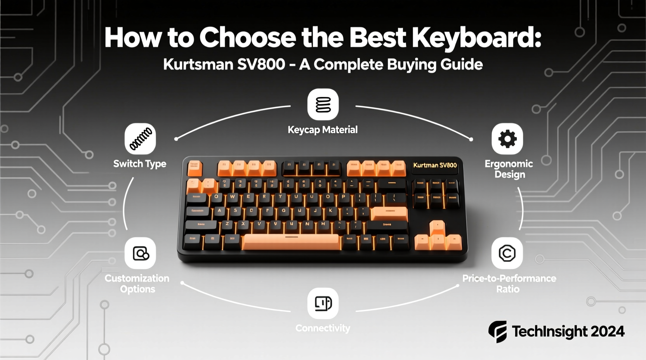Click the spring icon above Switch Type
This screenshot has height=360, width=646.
click(140, 139)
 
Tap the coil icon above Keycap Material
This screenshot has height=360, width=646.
click(323, 104)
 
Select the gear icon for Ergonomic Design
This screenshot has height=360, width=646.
click(507, 139)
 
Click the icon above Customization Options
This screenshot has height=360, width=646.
click(140, 253)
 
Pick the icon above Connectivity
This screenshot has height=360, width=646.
click(323, 303)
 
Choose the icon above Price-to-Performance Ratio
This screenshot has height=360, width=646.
click(507, 253)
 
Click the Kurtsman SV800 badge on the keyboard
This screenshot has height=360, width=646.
click(435, 165)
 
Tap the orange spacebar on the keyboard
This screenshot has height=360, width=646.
click(291, 241)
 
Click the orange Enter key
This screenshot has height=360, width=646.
click(389, 213)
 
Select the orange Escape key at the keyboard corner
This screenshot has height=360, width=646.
click(194, 168)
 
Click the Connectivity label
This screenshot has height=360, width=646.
click(323, 328)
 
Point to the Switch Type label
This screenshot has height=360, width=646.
click(140, 164)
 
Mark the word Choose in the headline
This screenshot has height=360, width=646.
click(248, 38)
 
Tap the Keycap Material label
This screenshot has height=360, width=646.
click(323, 130)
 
